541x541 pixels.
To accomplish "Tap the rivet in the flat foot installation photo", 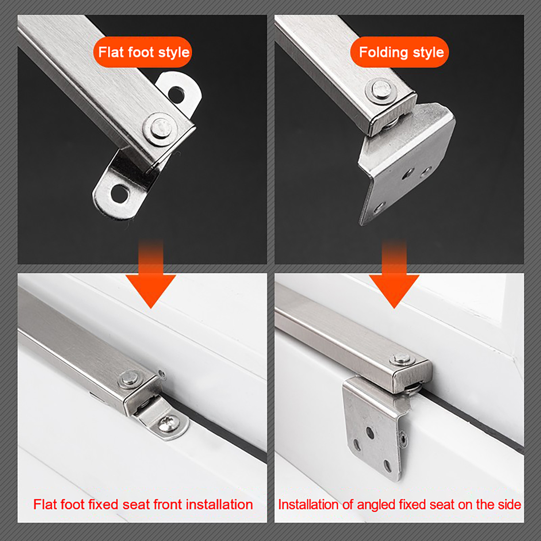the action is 130,380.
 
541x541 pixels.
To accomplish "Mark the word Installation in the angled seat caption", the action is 308,504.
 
